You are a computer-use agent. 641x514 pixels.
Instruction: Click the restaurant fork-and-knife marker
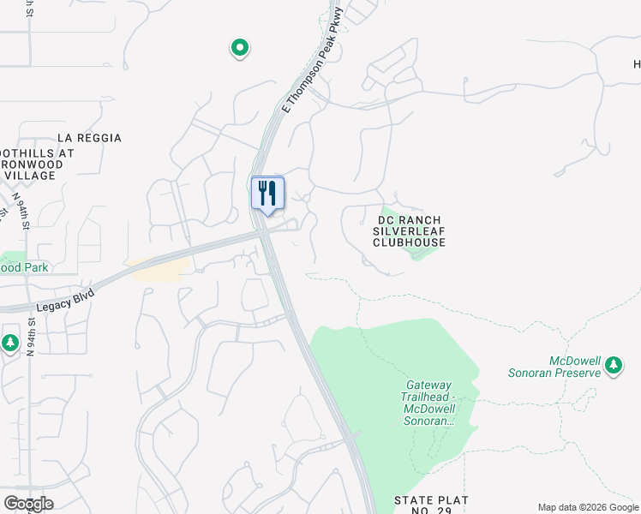click(267, 193)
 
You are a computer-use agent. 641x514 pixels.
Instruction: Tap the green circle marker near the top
click(240, 48)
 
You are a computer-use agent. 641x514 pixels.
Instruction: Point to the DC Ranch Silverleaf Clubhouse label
click(410, 231)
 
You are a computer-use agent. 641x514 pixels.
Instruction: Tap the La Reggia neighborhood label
click(89, 138)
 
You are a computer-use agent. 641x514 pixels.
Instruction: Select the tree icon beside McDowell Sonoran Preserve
click(614, 366)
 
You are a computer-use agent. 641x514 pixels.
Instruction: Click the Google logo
click(28, 504)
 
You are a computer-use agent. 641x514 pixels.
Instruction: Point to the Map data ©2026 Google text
click(588, 507)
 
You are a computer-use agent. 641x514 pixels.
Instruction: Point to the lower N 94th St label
click(31, 337)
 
